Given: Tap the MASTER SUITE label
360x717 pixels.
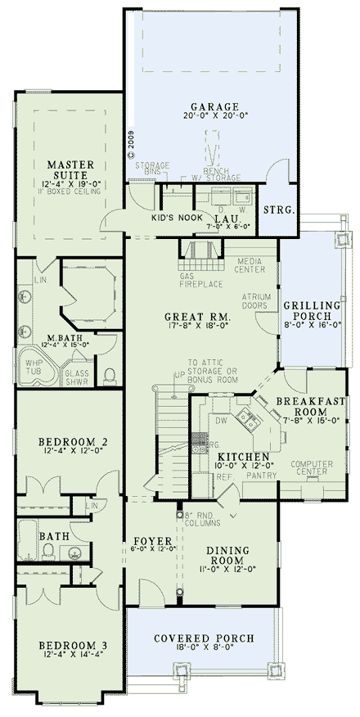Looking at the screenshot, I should [x=73, y=169].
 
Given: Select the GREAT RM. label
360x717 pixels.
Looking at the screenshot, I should [x=196, y=317].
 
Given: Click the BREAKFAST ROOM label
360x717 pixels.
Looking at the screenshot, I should [x=307, y=407].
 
